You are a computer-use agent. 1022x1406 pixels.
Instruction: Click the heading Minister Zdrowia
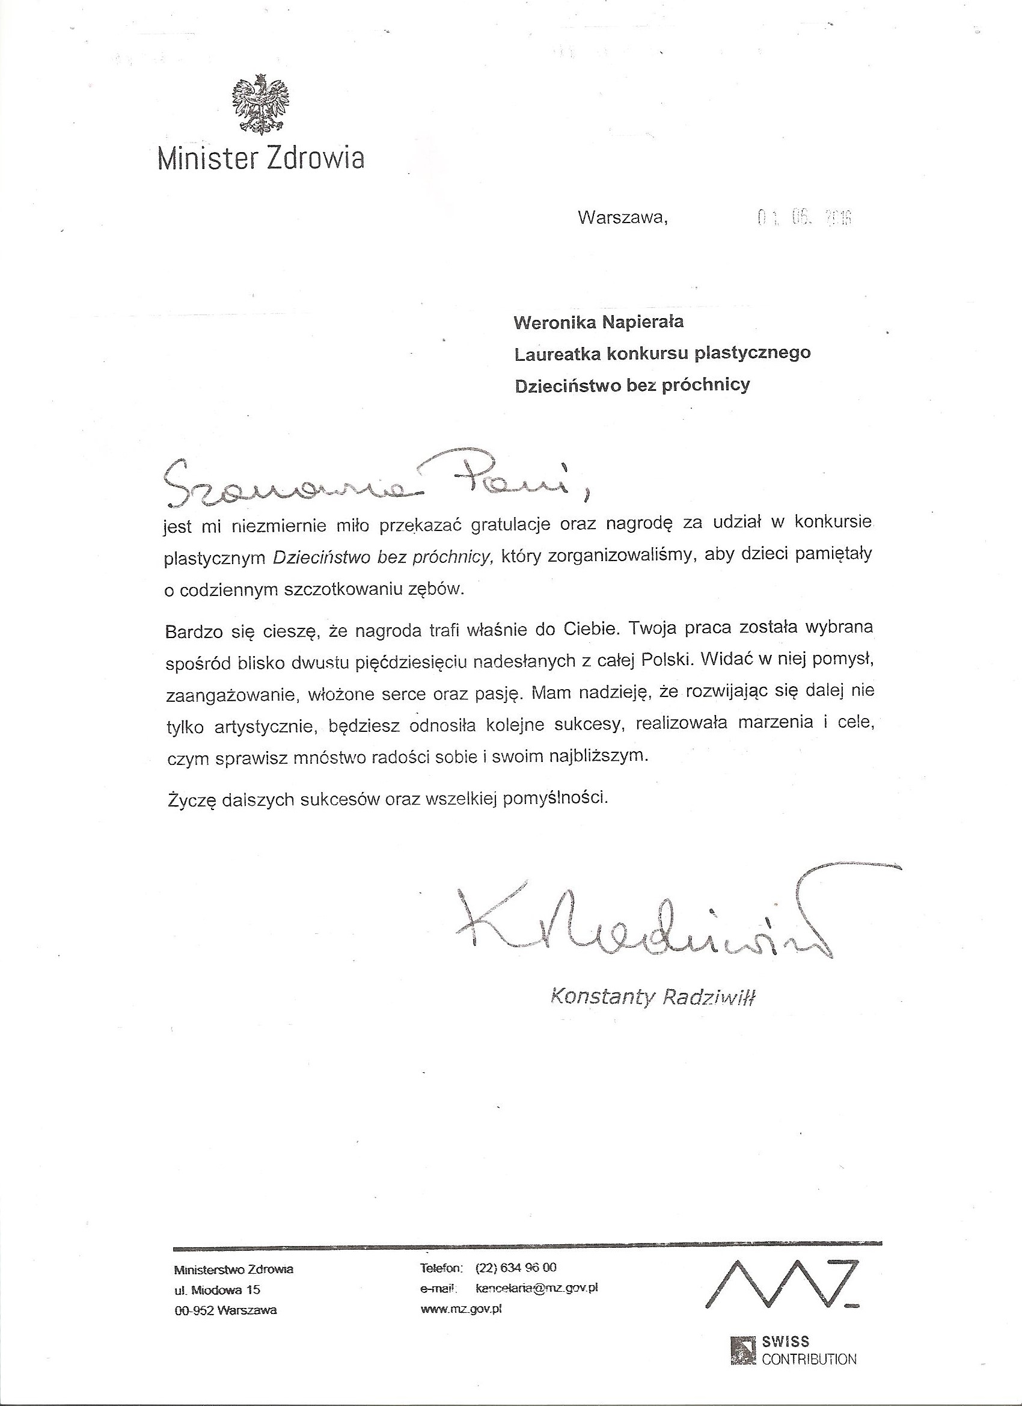click(x=261, y=159)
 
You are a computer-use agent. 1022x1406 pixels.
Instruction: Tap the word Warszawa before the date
click(x=623, y=218)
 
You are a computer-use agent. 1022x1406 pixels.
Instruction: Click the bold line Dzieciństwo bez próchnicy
click(x=632, y=385)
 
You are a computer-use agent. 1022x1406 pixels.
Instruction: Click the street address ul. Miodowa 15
click(x=217, y=1291)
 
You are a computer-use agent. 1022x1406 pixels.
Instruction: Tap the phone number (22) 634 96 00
click(x=516, y=1267)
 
